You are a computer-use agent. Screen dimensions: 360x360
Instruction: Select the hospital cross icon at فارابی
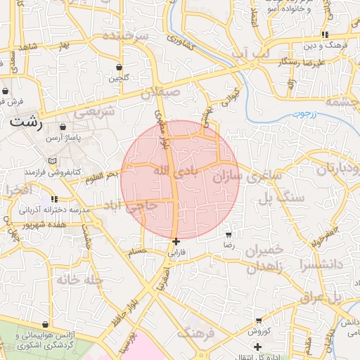(x=175, y=241)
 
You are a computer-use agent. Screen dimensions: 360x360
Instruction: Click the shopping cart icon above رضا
(x=228, y=234)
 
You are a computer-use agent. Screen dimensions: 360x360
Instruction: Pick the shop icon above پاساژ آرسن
(x=63, y=128)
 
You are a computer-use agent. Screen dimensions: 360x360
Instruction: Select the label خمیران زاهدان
(x=264, y=258)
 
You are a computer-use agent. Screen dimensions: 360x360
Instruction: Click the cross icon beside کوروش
(x=257, y=347)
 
